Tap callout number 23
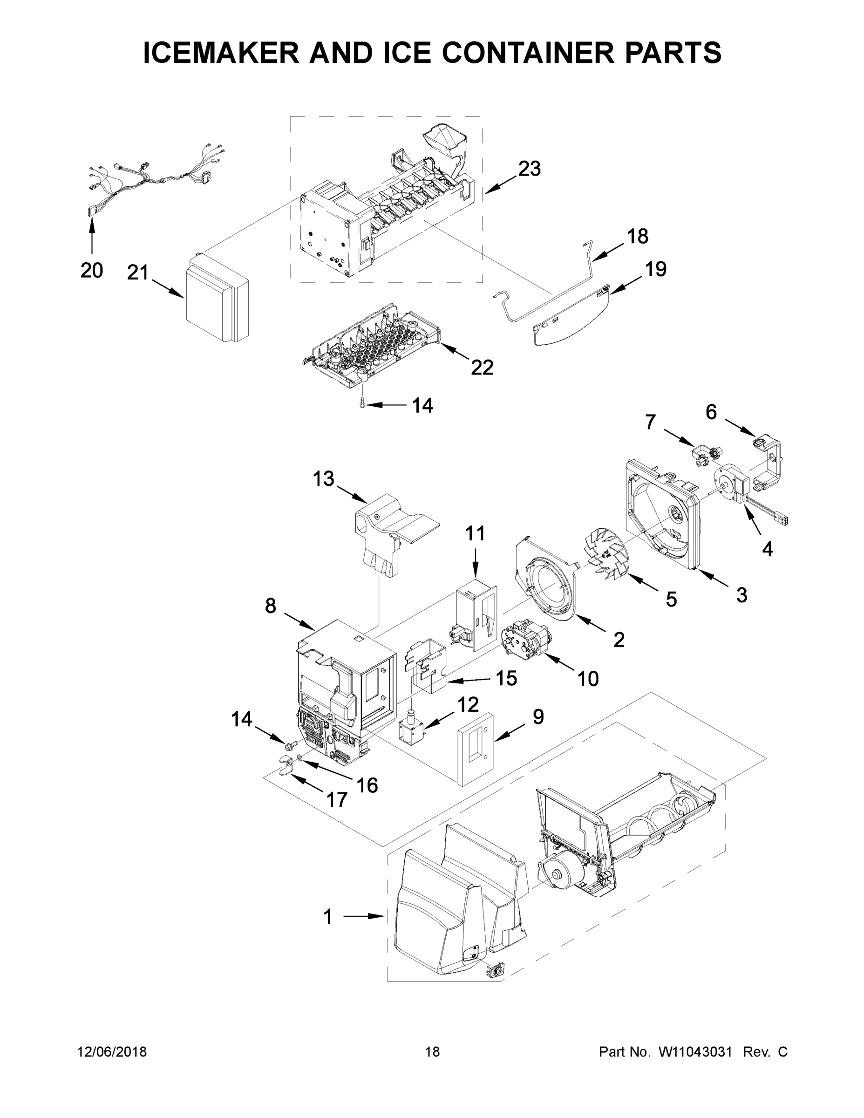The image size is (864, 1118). point(529,169)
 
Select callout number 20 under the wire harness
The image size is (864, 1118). point(92,270)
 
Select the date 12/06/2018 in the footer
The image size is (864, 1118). point(112,1051)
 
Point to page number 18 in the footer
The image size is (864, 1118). point(432,1051)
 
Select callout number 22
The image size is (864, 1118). point(482,367)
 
